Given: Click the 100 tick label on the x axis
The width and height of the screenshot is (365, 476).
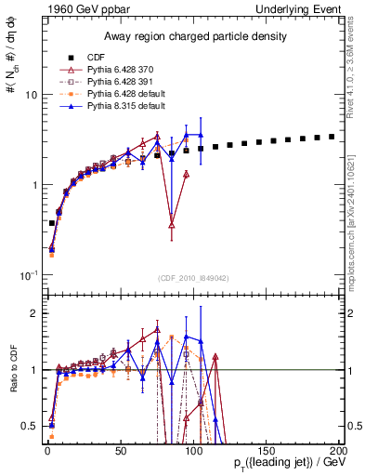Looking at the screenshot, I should click(193, 449).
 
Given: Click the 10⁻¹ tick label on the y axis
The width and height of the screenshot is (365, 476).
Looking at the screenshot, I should click(28, 275).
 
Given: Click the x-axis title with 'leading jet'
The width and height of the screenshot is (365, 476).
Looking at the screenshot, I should click(280, 463).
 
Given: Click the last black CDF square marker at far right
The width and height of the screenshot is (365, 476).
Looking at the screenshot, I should click(331, 137).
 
